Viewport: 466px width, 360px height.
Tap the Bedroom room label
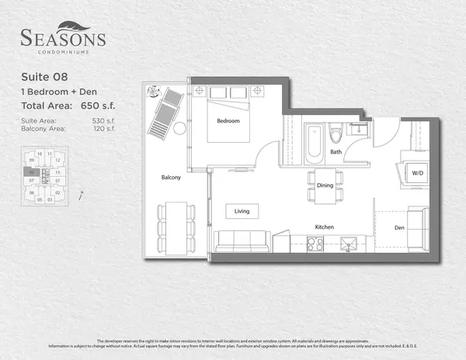click(228, 121)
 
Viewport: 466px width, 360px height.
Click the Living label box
click(242, 210)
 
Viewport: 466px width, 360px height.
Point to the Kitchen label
click(324, 227)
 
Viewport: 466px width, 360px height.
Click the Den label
click(399, 228)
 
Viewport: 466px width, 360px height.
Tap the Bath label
click(336, 152)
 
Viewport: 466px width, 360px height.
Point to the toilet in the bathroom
click(336, 135)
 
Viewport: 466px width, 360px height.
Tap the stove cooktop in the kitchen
click(315, 244)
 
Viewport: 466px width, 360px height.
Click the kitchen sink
click(349, 244)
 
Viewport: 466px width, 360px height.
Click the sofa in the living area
click(241, 241)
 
